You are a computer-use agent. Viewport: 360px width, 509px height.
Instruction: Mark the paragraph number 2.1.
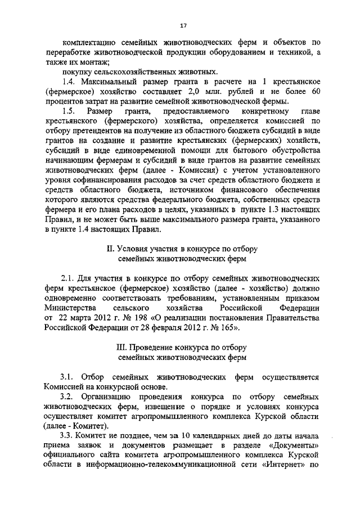[x=70, y=278]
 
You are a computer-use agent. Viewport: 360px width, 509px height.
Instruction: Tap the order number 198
[x=132, y=318]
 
